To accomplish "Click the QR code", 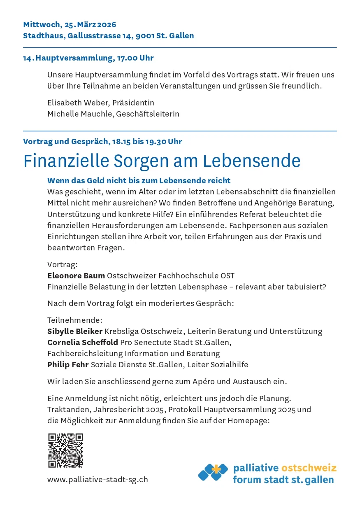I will (x=65, y=450).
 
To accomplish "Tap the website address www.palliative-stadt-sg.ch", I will (x=98, y=479).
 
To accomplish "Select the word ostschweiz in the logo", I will (x=309, y=468).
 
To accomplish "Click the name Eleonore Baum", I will (x=76, y=275).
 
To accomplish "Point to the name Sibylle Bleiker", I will (x=75, y=331).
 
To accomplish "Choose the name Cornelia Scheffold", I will (x=83, y=342).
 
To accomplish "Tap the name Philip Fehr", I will (x=68, y=364).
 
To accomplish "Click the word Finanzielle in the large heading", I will (x=65, y=161).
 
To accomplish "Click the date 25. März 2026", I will (x=91, y=25).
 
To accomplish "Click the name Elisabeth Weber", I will (x=78, y=103).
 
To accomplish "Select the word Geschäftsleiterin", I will (x=148, y=114).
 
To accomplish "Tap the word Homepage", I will (x=251, y=420).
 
